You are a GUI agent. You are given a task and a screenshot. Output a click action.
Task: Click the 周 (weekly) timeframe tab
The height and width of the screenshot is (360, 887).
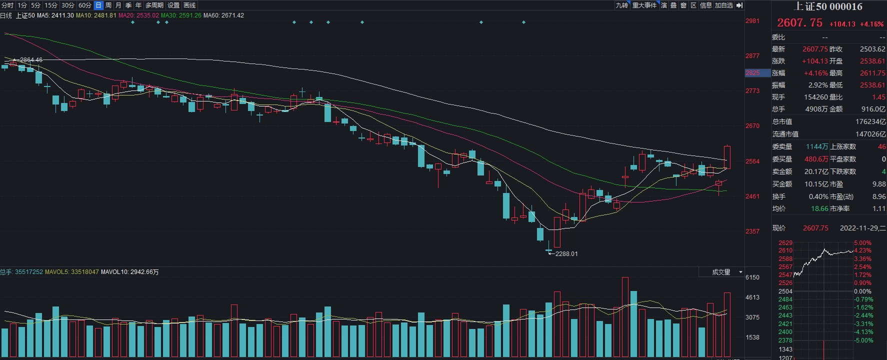click(108, 5)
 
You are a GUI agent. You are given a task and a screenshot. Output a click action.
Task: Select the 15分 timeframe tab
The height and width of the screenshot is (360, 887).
click(51, 5)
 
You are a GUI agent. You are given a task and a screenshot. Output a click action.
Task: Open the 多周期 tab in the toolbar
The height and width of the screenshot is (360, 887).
click(154, 5)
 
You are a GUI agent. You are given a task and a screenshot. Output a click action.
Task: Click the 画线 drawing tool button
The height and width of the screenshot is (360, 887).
click(190, 5)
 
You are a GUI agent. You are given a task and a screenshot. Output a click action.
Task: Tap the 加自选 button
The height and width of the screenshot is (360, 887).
click(723, 5)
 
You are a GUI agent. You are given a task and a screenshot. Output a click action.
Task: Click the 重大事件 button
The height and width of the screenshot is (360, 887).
click(644, 5)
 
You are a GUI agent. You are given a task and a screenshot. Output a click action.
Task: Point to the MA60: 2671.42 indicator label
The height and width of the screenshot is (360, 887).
click(223, 15)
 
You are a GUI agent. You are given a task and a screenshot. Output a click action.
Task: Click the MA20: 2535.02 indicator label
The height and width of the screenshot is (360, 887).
click(138, 15)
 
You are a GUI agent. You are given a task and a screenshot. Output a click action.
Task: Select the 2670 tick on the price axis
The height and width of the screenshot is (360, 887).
click(752, 126)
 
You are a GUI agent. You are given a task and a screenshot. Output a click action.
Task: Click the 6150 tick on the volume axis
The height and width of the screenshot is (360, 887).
click(752, 277)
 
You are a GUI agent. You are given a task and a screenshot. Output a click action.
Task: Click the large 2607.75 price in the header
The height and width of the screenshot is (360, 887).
click(799, 23)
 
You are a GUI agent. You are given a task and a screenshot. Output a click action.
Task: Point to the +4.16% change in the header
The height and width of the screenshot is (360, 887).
click(871, 24)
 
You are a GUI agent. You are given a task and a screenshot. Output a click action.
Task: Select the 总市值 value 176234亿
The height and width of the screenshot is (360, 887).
click(870, 121)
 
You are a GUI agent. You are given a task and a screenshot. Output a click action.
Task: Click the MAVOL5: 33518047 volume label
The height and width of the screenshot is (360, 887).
click(72, 272)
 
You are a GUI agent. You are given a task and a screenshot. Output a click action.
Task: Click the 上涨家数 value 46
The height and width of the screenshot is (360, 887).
click(882, 146)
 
